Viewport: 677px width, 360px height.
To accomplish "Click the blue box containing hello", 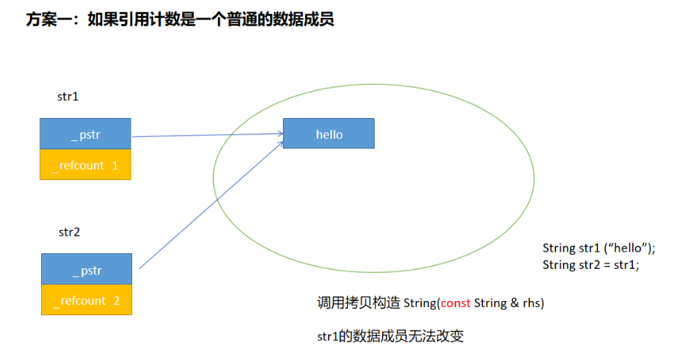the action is (328, 134).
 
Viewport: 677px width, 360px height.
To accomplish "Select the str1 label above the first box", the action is (68, 96).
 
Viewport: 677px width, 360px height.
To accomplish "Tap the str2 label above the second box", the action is (69, 232).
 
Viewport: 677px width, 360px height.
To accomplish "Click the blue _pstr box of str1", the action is (85, 134).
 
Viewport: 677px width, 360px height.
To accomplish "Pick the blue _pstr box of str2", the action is (87, 269).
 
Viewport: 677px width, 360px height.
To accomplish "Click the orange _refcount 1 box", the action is (85, 165).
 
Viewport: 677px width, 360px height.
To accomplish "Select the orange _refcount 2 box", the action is (87, 300).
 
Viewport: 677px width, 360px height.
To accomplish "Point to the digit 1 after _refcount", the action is (115, 165).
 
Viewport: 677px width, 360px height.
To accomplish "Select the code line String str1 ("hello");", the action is (603, 248).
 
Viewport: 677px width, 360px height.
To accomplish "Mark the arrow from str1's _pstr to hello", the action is (207, 135).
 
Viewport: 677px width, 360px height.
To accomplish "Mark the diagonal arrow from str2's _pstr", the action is (210, 204).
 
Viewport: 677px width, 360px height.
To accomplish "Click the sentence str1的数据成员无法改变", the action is (390, 337).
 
